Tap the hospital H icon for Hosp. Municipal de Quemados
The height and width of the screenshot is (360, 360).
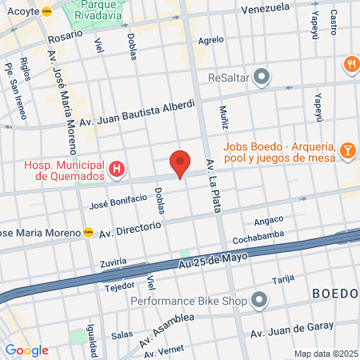coord(118,168)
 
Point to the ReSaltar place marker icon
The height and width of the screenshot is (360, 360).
coord(262,78)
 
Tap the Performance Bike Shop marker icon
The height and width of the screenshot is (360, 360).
coord(259,301)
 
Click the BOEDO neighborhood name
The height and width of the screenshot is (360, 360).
coord(334,293)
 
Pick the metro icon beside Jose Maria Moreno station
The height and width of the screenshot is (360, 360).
coord(89,232)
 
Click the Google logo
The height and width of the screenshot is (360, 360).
coord(26,350)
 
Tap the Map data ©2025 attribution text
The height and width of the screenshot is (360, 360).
coord(325,354)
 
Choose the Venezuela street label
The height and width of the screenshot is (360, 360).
coord(264,8)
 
